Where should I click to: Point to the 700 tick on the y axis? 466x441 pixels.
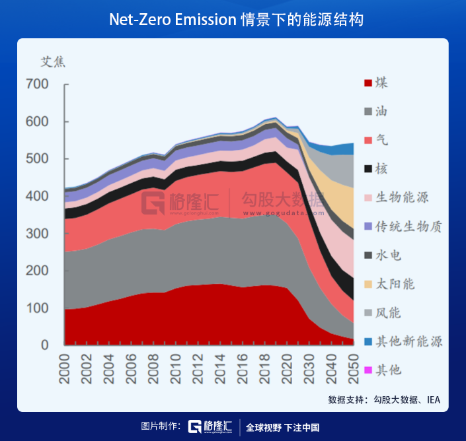tap(37, 85)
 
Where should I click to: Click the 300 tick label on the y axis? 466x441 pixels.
tap(37, 234)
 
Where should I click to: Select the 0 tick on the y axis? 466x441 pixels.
tap(45, 345)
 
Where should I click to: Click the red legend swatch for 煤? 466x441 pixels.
tap(368, 83)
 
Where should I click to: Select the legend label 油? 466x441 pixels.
tap(382, 111)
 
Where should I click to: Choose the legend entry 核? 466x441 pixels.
tap(382, 168)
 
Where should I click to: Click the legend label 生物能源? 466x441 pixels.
tap(403, 197)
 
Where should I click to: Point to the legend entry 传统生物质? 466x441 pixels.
tap(408, 226)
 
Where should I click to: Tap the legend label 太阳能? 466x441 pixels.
tap(395, 284)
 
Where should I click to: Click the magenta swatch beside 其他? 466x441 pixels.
tap(368, 370)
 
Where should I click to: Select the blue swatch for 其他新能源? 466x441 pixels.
tap(368, 341)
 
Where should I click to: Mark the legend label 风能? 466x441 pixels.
tap(389, 312)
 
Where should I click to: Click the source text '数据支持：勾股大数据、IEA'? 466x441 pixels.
tap(383, 399)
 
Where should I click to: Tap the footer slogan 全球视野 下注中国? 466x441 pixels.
tap(282, 427)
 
